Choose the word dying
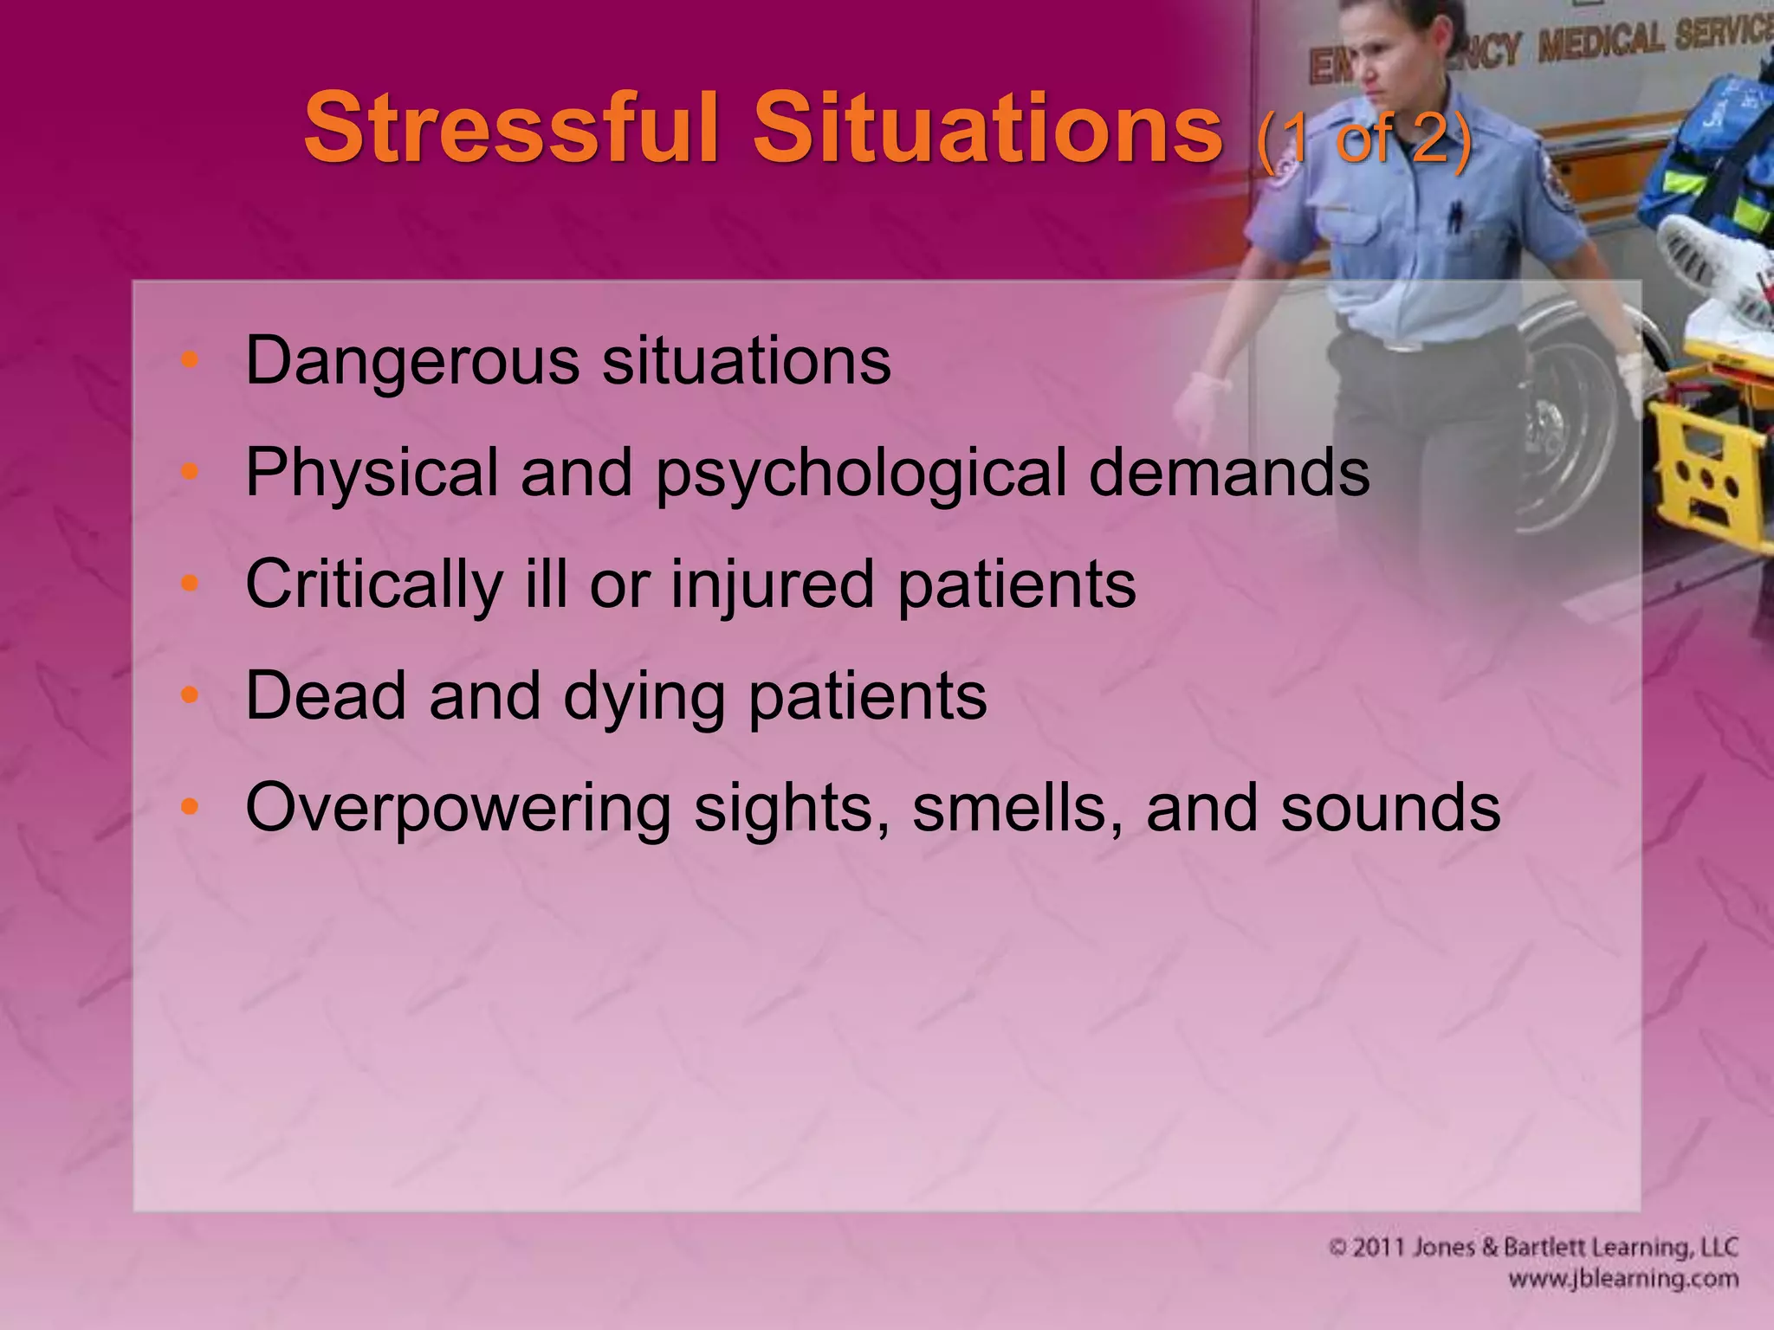[x=644, y=698]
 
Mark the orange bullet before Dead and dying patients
[x=191, y=695]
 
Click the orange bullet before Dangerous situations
[x=191, y=359]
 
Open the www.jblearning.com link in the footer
[x=1623, y=1279]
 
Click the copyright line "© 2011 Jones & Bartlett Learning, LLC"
[x=1532, y=1247]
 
